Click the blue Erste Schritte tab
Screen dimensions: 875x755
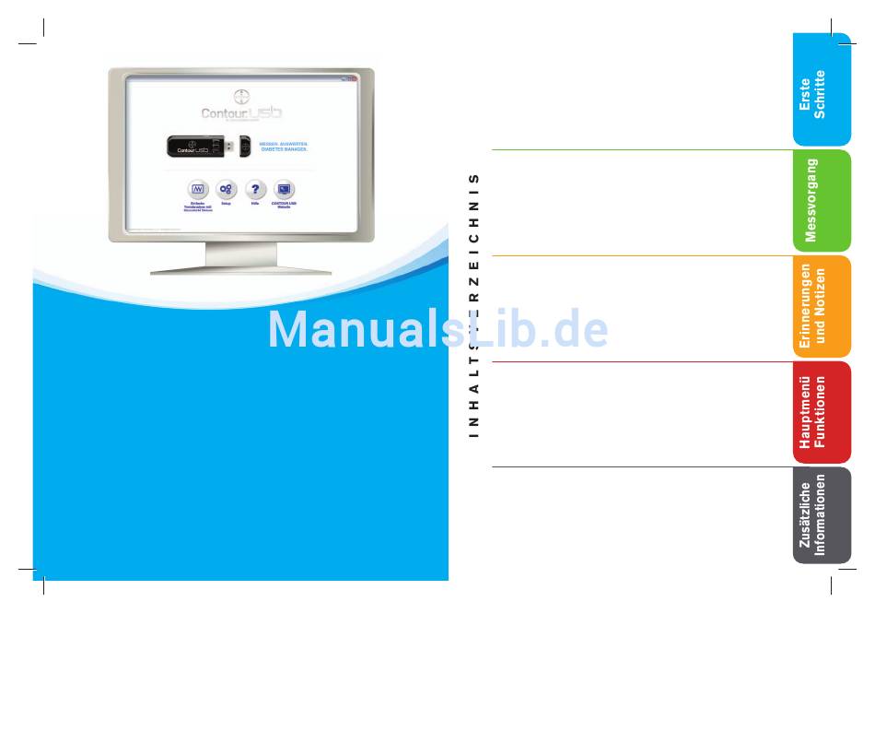[821, 90]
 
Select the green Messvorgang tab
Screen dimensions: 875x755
[821, 200]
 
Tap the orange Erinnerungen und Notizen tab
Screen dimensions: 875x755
[821, 306]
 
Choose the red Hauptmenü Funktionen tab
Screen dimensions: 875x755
[821, 411]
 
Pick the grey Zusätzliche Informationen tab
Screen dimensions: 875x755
[821, 514]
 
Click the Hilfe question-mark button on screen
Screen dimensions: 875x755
[255, 189]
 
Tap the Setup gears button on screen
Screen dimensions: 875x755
[226, 189]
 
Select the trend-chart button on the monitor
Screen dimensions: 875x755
[196, 189]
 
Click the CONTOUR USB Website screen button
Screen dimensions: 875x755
[284, 189]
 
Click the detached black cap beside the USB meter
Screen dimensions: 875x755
[245, 146]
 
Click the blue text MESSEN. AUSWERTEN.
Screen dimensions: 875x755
[284, 143]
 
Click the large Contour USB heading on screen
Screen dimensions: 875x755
[241, 112]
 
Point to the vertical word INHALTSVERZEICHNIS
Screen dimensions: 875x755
[474, 304]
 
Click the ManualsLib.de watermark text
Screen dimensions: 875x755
[437, 329]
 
